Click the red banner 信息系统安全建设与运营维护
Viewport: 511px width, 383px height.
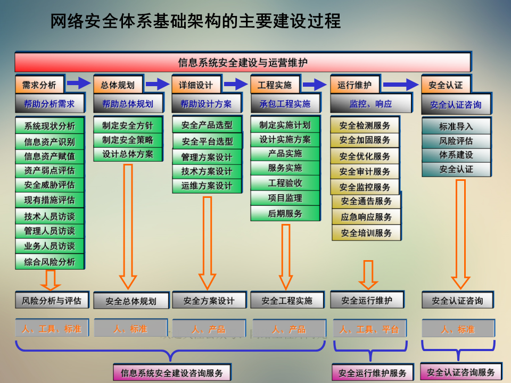(x=242, y=62)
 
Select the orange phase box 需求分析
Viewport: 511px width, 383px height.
(x=39, y=85)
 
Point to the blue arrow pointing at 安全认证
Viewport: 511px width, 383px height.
(x=400, y=84)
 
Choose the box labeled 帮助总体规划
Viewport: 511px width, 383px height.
(x=128, y=104)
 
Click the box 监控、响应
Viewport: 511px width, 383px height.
(x=370, y=104)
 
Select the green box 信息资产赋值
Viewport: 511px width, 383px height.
(x=50, y=156)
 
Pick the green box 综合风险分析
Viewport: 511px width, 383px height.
(x=50, y=262)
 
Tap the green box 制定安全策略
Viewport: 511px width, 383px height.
(x=127, y=140)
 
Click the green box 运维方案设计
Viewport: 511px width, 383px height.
(x=207, y=186)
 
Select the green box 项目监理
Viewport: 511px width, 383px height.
(x=285, y=198)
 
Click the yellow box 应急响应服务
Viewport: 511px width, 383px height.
(x=366, y=217)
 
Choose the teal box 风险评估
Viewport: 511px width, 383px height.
(x=456, y=141)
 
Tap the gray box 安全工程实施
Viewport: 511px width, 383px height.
(x=287, y=301)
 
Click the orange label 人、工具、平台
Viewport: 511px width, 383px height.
(x=369, y=329)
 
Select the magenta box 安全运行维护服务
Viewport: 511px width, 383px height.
(x=372, y=373)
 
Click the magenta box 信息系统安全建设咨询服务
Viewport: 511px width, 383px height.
(x=172, y=372)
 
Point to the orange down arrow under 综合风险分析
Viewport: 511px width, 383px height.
(x=51, y=279)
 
